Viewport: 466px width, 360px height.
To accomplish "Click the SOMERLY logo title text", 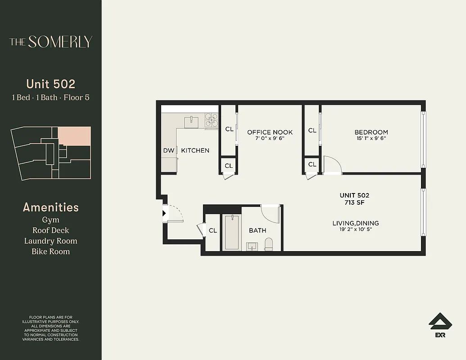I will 51,42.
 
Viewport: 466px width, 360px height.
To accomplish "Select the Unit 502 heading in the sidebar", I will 50,84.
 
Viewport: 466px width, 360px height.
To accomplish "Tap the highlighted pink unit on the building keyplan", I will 74,136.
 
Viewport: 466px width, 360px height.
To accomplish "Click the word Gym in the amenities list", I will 50,220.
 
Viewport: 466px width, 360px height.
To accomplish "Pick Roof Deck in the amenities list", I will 50,230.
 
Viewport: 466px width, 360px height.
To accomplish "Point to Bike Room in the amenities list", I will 50,252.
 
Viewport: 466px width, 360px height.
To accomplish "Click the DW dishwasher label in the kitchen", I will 168,150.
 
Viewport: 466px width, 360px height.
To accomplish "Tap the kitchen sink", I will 192,120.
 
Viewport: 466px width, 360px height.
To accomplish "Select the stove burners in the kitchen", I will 212,120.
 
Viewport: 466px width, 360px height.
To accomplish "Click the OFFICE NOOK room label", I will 270,132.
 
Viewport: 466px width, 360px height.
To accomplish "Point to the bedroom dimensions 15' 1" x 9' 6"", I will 371,139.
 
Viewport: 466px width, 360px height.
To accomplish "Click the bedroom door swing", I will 331,165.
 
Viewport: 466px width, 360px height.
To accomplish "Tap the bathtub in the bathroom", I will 232,232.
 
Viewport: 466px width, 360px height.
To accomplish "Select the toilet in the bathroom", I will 269,245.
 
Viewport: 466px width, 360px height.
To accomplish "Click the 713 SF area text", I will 354,202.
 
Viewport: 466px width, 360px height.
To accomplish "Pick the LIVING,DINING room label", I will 355,223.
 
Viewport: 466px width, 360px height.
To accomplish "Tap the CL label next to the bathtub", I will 213,230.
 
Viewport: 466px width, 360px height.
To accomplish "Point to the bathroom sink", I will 251,246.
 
